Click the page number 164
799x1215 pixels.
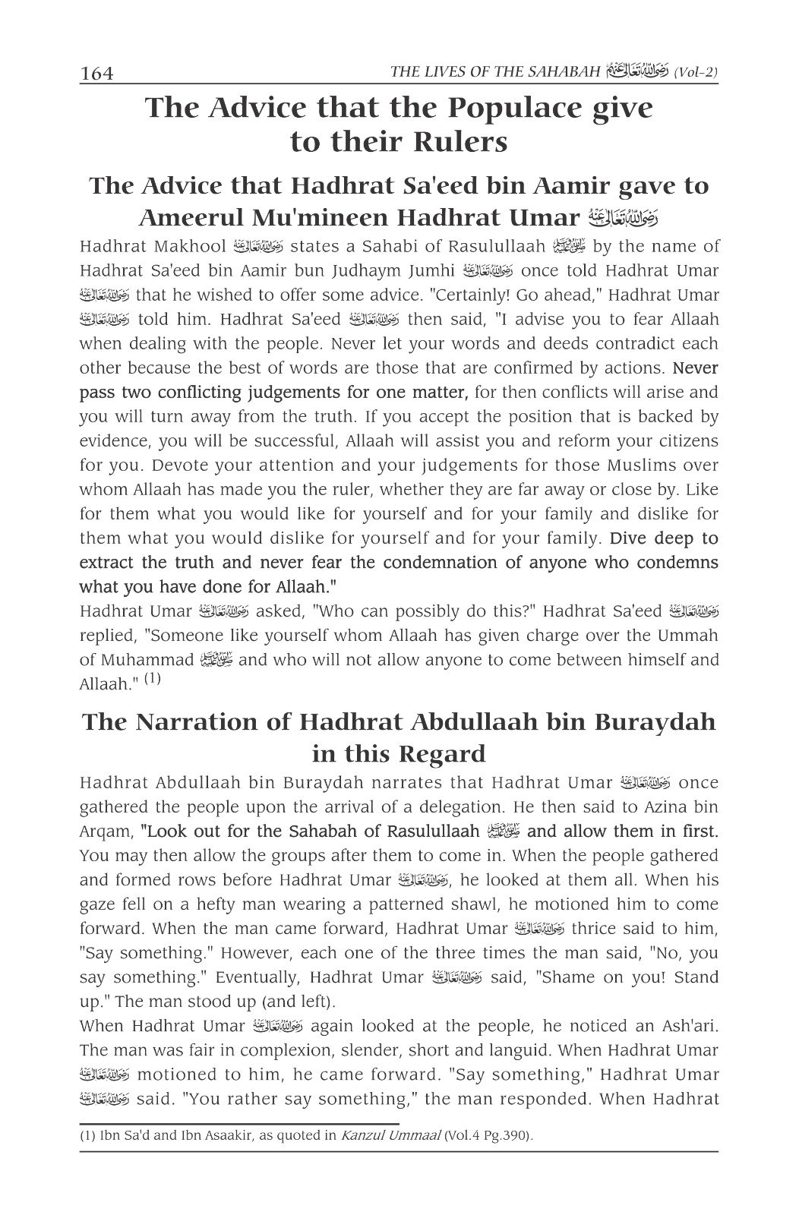pos(96,74)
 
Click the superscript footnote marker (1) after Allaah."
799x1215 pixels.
pos(153,680)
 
